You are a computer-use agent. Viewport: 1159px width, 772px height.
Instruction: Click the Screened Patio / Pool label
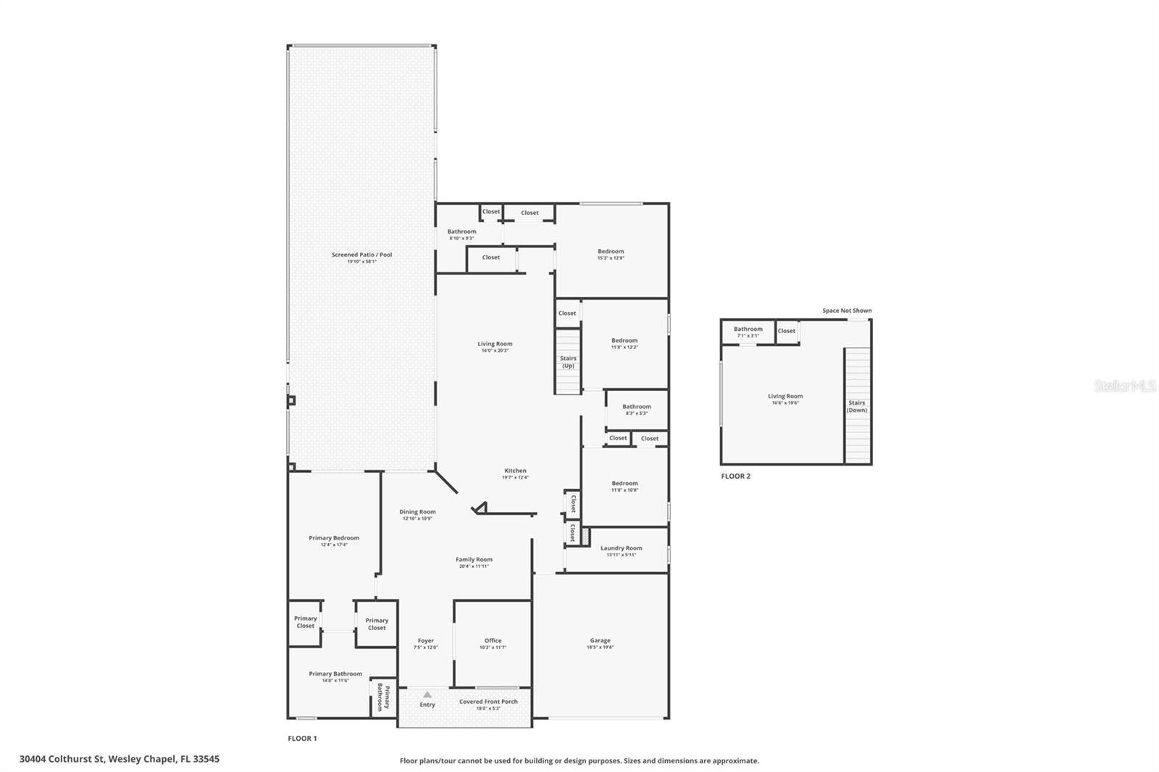[x=361, y=255]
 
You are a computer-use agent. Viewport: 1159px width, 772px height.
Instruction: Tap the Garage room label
[x=600, y=641]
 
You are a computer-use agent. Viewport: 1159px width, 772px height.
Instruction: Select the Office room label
[x=493, y=641]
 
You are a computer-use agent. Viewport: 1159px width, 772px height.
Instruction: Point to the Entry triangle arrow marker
[x=427, y=695]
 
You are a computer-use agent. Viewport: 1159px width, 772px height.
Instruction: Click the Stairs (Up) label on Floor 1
[x=568, y=362]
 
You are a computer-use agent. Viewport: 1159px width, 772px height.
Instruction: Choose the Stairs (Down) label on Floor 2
[x=857, y=406]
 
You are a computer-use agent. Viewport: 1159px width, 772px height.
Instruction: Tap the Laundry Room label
[x=621, y=548]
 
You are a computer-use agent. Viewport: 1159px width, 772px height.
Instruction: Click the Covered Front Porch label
[x=488, y=702]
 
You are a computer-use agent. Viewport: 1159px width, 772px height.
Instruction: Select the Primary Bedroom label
[x=334, y=538]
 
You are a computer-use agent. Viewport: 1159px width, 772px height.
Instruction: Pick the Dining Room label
[x=417, y=512]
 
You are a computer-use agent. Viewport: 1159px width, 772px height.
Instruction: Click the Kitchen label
[x=515, y=471]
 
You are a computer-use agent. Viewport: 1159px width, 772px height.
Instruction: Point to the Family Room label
[x=474, y=560]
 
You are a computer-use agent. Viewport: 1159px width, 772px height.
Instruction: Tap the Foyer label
[x=426, y=641]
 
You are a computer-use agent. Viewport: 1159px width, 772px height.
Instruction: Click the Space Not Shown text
[x=847, y=311]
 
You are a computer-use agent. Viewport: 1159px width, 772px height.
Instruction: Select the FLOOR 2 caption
[x=735, y=477]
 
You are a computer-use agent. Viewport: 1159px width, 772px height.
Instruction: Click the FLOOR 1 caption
[x=302, y=739]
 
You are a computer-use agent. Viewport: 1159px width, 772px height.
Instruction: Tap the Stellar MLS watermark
[x=1124, y=386]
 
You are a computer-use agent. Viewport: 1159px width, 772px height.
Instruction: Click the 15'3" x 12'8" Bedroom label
[x=611, y=252]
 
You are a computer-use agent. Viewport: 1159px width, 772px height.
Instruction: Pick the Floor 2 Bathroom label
[x=748, y=329]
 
